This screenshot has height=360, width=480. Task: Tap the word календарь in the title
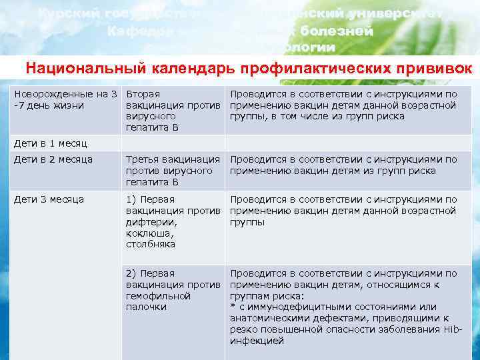tap(181, 69)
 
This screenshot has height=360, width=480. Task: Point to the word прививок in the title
tap(433, 69)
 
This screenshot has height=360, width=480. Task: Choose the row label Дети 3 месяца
tap(49, 199)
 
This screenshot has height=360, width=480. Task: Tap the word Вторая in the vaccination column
tap(142, 94)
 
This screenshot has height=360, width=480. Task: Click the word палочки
tap(146, 307)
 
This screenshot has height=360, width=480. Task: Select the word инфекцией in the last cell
tap(257, 341)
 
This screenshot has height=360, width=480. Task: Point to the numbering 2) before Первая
tap(132, 273)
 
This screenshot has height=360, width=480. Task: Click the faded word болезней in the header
tap(336, 31)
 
